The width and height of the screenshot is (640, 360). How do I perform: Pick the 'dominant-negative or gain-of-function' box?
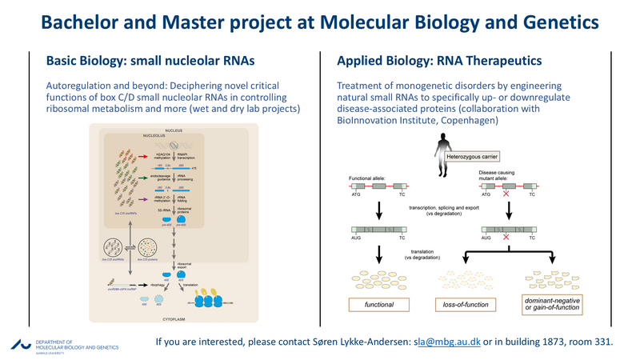(551, 304)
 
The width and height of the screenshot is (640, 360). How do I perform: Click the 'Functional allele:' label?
(371, 178)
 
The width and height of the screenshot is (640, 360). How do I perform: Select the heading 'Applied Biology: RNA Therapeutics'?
(438, 61)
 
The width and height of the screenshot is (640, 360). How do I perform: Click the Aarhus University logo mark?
(18, 343)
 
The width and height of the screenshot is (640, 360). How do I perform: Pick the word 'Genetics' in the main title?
(564, 21)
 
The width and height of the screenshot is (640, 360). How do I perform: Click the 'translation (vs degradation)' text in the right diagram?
(423, 256)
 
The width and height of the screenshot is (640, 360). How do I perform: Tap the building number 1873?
(541, 342)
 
